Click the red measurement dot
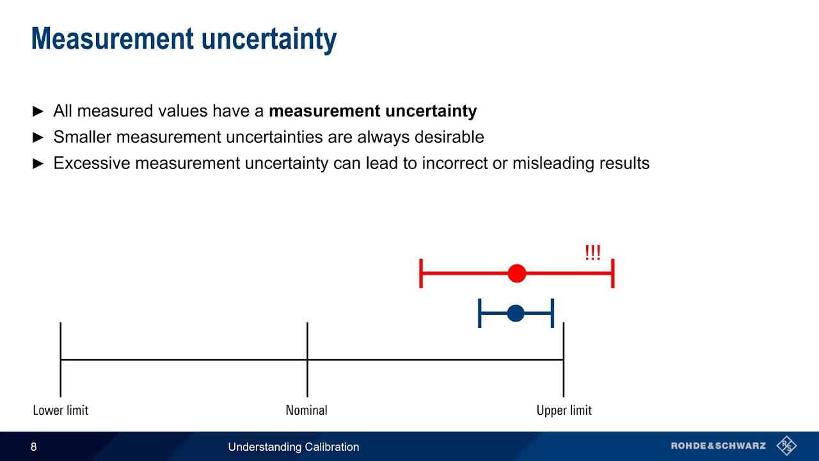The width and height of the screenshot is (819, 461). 517,274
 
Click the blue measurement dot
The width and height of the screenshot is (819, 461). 516,313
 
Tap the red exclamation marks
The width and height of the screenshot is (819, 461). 592,253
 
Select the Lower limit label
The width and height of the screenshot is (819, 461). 60,410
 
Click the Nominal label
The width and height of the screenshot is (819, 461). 306,410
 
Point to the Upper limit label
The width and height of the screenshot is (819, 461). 564,410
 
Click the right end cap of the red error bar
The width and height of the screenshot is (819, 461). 613,274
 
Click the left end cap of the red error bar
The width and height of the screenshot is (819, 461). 421,274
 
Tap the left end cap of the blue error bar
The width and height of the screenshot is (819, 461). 480,313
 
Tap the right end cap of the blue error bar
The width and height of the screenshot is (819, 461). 552,313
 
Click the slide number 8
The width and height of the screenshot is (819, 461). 34,447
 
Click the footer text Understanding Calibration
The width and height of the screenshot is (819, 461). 294,447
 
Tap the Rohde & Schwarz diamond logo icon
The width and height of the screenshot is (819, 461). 786,446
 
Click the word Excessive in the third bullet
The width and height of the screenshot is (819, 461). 91,163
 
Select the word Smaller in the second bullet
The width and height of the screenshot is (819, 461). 82,137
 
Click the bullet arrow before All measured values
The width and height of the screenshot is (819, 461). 38,111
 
